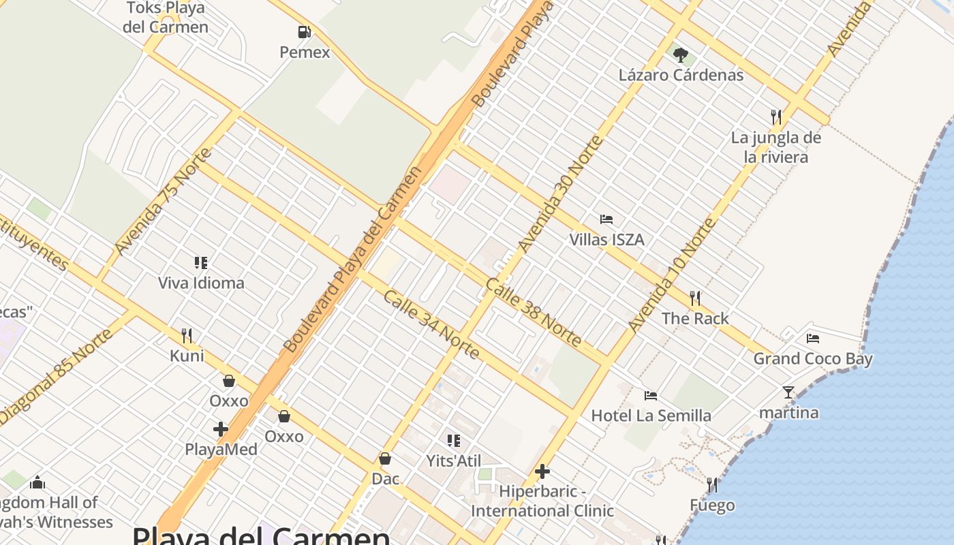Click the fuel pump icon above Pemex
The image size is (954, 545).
304,32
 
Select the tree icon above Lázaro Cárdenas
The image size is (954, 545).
680,55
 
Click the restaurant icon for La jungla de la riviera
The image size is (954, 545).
776,117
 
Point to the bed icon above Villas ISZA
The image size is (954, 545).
606,219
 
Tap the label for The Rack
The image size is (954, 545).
695,318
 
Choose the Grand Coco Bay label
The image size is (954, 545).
812,358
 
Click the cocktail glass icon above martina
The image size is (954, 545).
788,392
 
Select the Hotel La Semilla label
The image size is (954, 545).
651,416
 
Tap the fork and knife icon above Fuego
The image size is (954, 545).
712,485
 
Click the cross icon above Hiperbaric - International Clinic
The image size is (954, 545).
542,471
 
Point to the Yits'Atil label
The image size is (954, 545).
454,461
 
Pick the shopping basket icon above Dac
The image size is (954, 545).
385,459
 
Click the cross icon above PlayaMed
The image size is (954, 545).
221,429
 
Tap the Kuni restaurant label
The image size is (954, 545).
187,356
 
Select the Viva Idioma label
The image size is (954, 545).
201,283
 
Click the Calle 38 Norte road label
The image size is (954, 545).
534,312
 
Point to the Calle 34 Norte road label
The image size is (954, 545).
431,325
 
